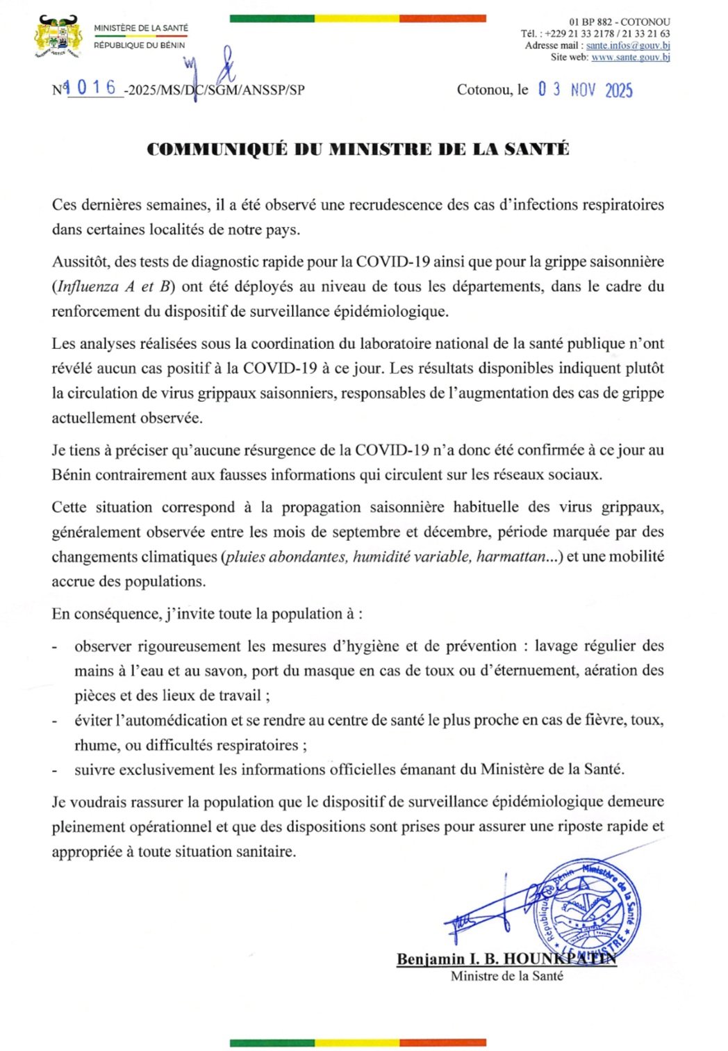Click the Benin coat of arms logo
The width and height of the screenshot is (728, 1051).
58,37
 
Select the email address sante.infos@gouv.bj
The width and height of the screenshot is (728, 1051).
628,45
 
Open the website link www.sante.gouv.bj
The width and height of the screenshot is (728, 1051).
630,57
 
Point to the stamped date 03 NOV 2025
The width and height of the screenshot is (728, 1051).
585,90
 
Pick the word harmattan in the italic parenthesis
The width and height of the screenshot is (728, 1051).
511,557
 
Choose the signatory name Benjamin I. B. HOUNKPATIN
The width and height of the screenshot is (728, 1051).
506,959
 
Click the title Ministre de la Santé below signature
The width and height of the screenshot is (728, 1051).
506,976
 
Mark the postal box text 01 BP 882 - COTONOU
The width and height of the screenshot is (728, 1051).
620,22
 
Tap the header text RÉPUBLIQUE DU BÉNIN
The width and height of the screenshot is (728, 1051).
140,45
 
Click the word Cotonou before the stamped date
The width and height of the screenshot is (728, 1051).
484,90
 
